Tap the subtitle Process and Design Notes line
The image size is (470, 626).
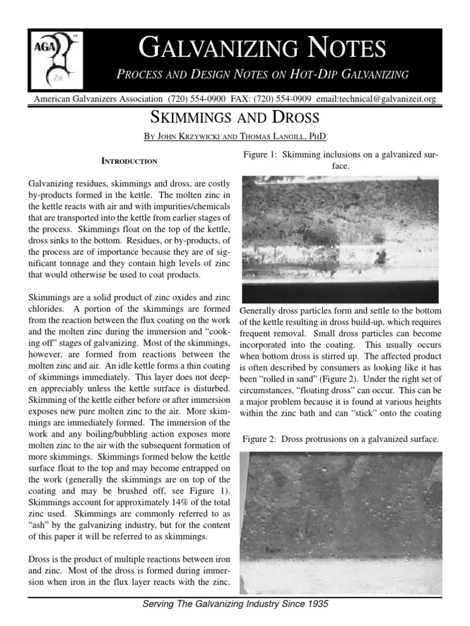point(263,75)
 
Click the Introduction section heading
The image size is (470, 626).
point(129,161)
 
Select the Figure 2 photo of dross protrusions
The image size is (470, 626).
point(340,523)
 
